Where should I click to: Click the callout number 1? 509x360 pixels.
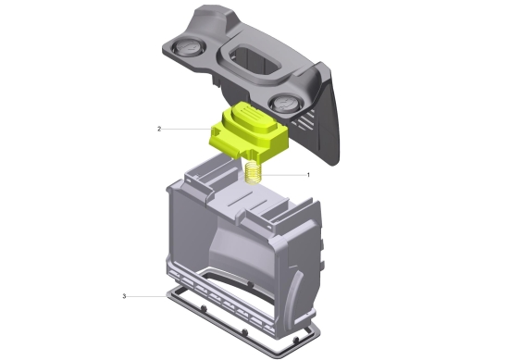(308, 175)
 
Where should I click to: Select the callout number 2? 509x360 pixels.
(159, 130)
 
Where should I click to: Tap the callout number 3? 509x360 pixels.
(124, 296)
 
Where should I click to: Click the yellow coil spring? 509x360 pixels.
(254, 173)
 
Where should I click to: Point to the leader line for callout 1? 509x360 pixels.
(284, 175)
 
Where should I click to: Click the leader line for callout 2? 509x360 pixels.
(187, 130)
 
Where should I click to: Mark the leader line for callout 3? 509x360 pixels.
(147, 296)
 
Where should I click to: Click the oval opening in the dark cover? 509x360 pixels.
(255, 61)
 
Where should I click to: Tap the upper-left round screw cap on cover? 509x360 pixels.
(188, 48)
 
